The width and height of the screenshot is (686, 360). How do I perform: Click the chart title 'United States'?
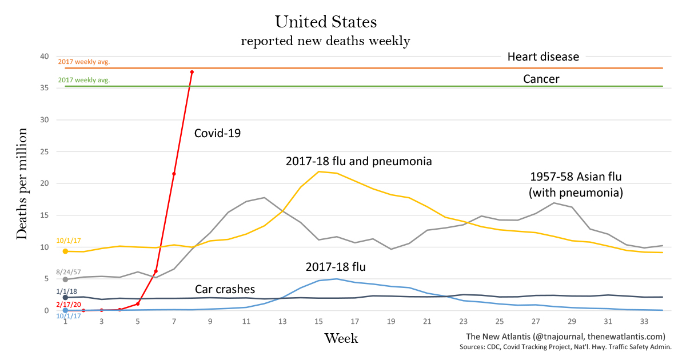tap(326, 22)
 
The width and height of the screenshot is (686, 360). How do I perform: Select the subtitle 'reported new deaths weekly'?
tap(325, 41)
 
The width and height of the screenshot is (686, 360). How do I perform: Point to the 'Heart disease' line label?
tap(543, 57)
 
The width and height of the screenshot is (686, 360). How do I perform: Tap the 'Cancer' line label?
tap(541, 79)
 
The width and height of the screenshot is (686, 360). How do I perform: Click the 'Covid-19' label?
tap(218, 134)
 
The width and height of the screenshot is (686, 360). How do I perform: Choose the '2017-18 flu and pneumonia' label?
tap(358, 161)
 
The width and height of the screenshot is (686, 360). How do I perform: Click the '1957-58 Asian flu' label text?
tap(575, 177)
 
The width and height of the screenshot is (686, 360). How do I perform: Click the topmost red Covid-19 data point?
tap(192, 72)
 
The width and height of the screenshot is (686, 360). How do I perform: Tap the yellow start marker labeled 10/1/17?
tap(65, 251)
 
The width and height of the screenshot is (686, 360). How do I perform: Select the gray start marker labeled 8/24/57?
tap(65, 279)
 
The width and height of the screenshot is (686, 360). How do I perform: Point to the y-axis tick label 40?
tap(44, 56)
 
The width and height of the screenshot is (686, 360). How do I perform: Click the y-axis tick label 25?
tap(44, 151)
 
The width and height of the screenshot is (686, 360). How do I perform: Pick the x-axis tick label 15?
tap(318, 322)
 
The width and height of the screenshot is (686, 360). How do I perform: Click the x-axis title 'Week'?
tap(341, 338)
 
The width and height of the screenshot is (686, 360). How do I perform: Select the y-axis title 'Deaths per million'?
tap(22, 183)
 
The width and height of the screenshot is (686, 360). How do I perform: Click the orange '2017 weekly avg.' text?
tap(83, 61)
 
